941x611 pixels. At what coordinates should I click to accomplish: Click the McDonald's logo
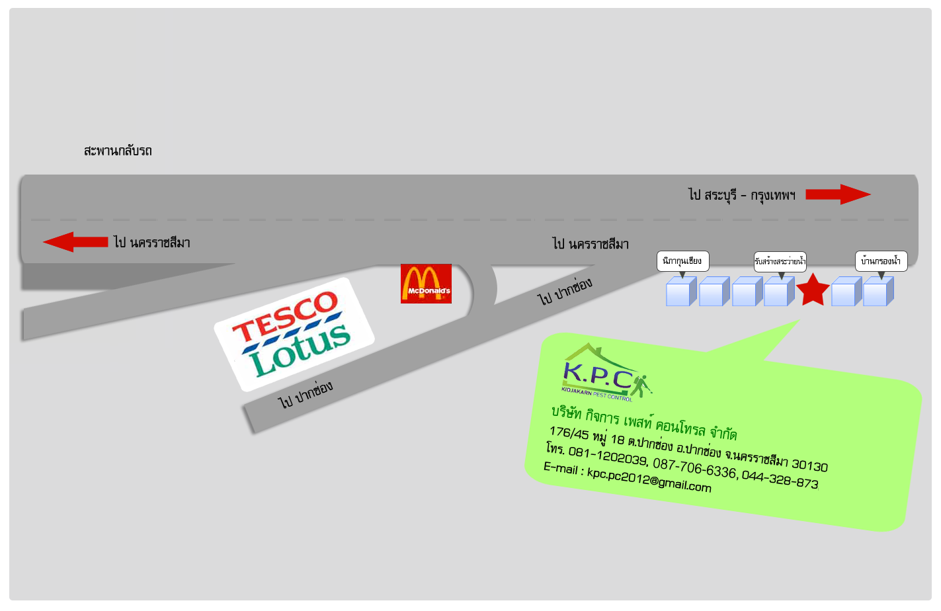click(426, 284)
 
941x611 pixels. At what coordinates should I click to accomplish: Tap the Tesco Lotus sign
click(294, 334)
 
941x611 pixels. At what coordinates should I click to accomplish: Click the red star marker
click(813, 290)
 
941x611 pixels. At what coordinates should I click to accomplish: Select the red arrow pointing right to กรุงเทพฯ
click(838, 194)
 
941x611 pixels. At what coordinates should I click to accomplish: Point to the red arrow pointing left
click(75, 242)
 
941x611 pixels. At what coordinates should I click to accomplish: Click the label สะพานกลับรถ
click(118, 151)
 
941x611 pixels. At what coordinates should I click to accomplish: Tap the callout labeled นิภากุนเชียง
click(682, 261)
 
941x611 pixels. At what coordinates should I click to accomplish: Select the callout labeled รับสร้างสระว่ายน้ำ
click(780, 261)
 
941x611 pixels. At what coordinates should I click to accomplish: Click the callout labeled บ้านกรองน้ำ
click(881, 261)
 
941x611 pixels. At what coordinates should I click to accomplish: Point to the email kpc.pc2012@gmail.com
click(649, 479)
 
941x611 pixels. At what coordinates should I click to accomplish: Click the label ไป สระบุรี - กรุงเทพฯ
click(741, 195)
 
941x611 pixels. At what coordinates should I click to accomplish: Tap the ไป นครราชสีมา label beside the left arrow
click(151, 243)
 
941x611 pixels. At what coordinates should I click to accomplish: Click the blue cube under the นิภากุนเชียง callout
click(680, 292)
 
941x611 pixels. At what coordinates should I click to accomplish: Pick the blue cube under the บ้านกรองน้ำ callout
click(878, 292)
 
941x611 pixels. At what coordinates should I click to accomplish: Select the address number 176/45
click(569, 433)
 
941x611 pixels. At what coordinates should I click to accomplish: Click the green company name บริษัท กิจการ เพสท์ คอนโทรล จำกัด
click(644, 423)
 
